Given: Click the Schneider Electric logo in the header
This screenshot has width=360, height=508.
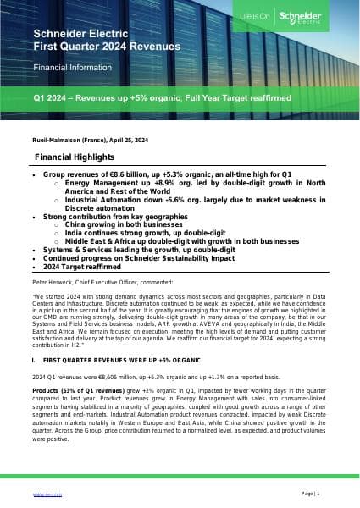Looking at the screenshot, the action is click(x=326, y=19).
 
